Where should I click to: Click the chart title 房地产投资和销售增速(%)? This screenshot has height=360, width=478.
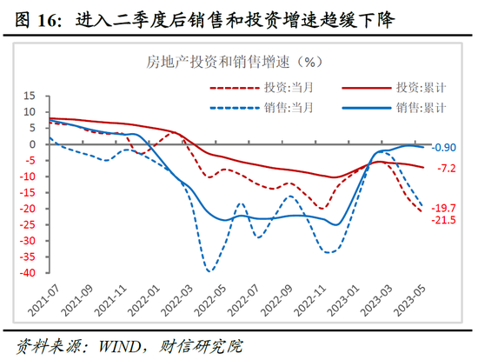pyautogui.click(x=234, y=62)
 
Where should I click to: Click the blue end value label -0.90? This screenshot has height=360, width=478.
pyautogui.click(x=446, y=148)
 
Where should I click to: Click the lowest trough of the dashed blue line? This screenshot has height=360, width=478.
pyautogui.click(x=209, y=270)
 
